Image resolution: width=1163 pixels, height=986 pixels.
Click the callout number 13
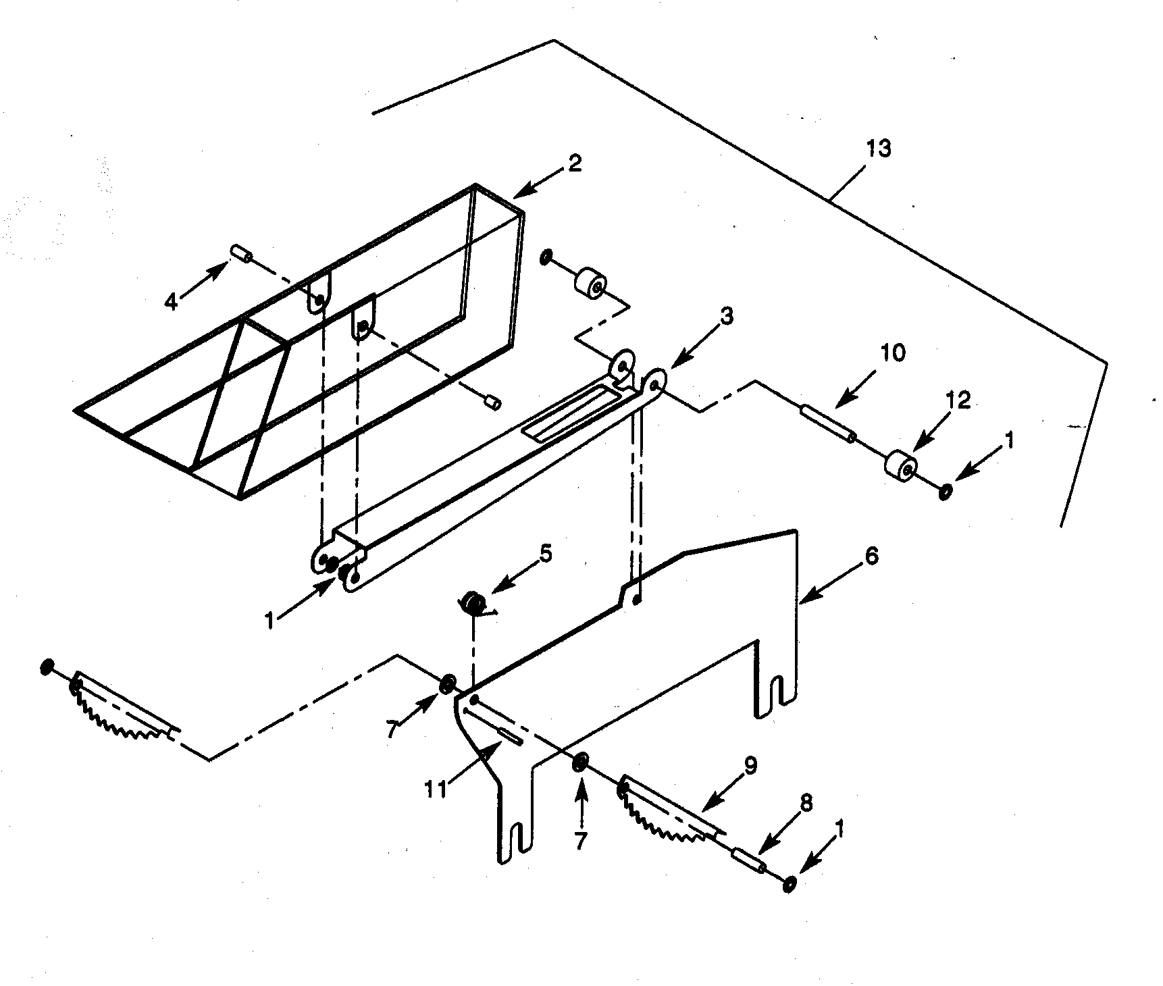[879, 148]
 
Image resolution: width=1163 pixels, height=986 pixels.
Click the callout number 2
[574, 163]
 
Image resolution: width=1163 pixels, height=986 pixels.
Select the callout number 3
[727, 316]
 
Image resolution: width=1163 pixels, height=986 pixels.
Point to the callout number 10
[893, 353]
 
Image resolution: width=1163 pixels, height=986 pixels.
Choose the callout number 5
[546, 554]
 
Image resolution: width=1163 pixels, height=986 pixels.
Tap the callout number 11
[436, 788]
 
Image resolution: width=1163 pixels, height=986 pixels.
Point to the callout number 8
[805, 802]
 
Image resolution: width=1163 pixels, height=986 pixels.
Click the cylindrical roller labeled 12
[901, 466]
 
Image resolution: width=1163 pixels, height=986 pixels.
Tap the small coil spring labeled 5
[473, 603]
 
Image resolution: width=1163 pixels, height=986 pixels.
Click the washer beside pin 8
[789, 883]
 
